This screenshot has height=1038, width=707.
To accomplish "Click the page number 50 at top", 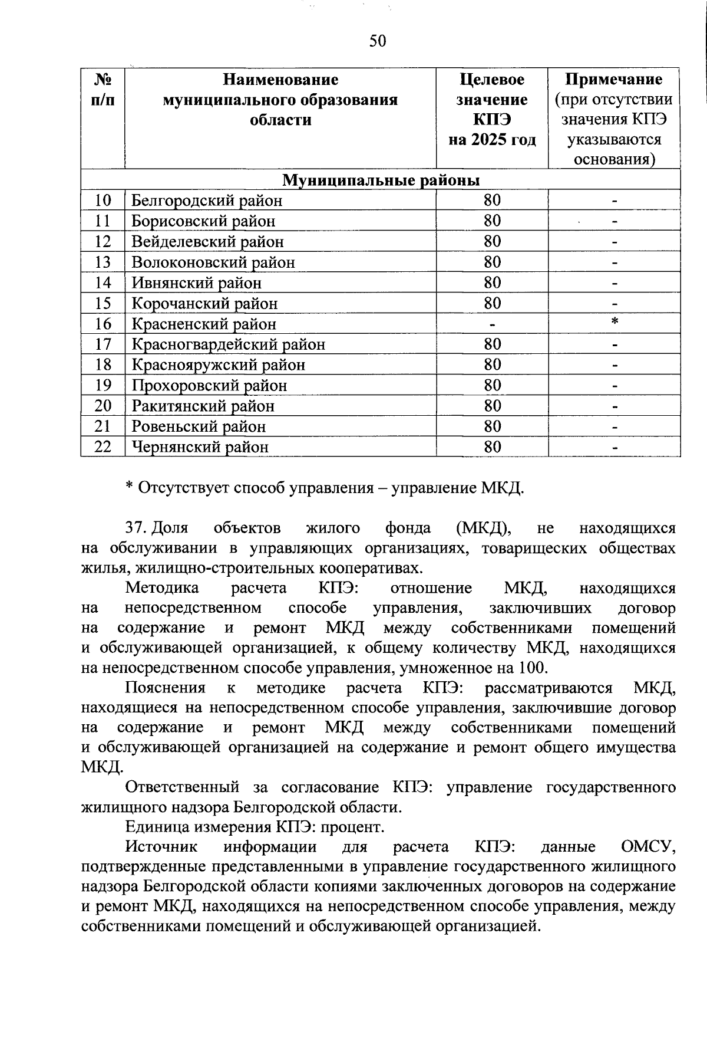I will (377, 41).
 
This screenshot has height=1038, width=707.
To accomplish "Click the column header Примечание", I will (613, 80).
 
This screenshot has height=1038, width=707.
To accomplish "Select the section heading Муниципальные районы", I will (381, 179).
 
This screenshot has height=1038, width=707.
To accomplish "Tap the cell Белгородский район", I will (207, 201).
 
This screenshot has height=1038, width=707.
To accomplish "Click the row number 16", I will (103, 324).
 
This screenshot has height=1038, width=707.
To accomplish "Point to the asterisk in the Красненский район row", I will (615, 322).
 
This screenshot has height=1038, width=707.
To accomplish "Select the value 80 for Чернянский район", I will (492, 446).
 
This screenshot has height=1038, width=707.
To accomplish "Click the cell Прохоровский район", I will (209, 385).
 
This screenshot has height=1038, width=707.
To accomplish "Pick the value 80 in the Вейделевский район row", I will (492, 241).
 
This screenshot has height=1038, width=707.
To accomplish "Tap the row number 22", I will (103, 446).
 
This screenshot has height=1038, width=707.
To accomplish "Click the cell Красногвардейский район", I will (228, 344).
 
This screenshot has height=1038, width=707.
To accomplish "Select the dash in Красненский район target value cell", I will (492, 324).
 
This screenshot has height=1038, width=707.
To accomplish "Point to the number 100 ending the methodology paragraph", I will (533, 668).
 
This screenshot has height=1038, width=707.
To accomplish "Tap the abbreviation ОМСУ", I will (648, 847).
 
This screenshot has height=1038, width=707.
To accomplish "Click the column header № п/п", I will (103, 90).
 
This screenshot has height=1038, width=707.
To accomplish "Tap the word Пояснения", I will (166, 688).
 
